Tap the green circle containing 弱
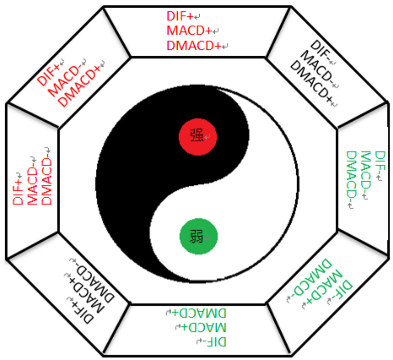pos(197,236)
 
